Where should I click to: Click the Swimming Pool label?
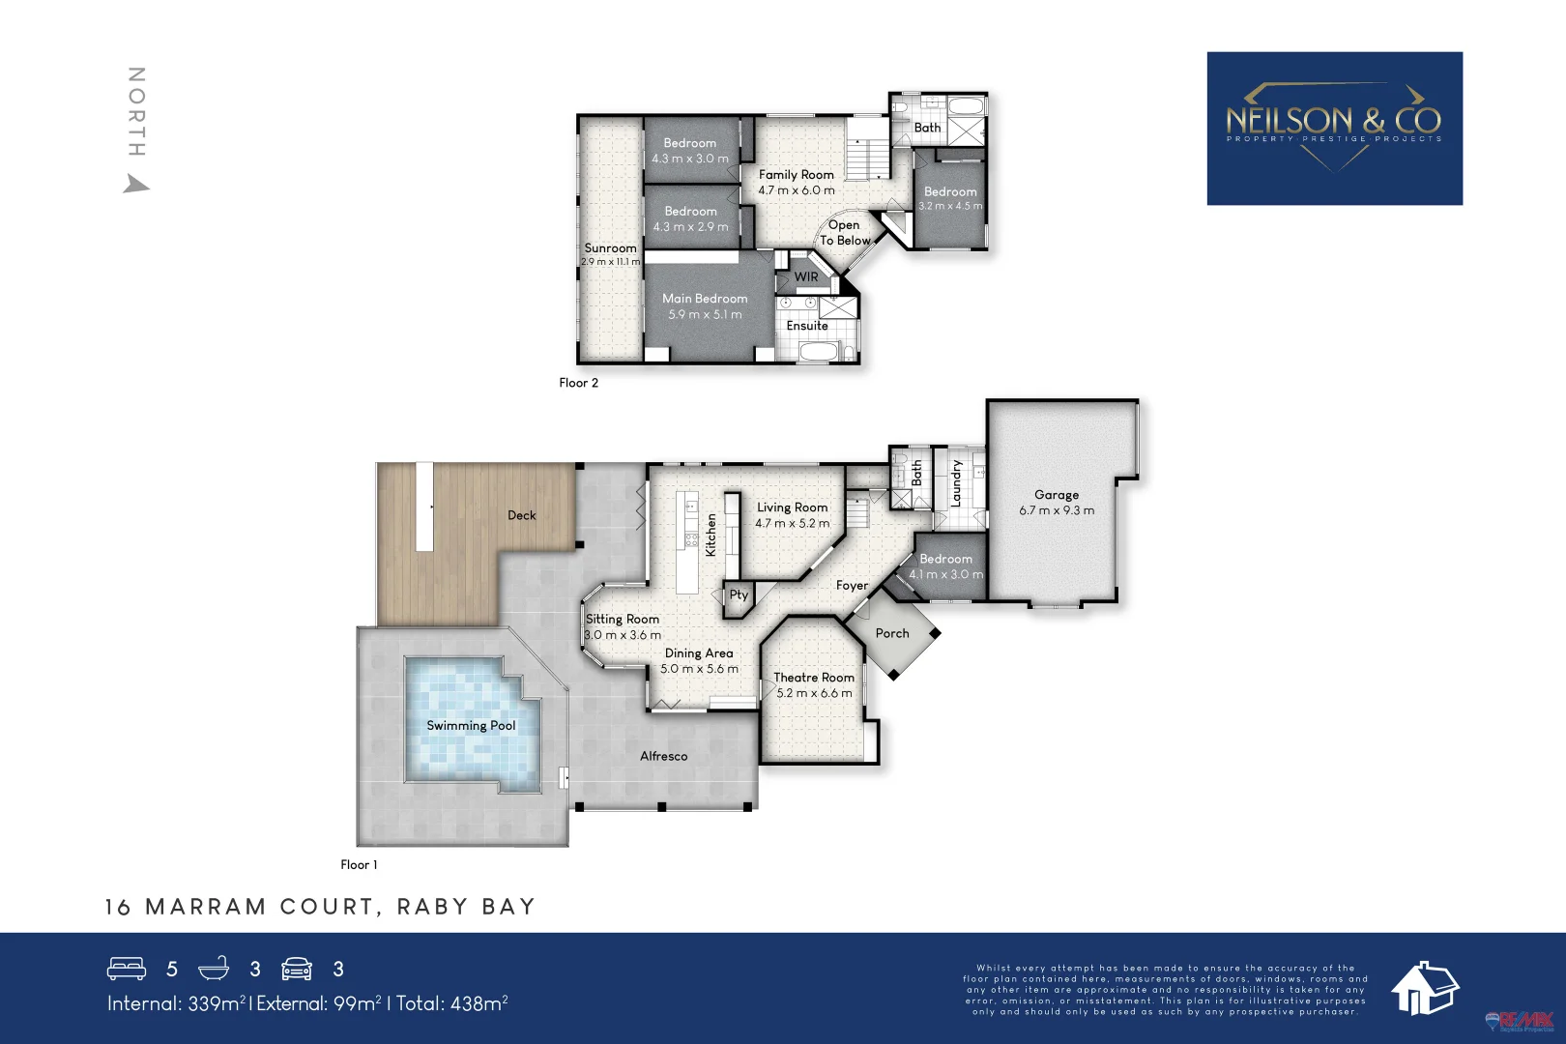tap(471, 726)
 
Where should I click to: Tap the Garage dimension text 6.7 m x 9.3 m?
tap(1057, 510)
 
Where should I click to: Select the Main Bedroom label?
tap(705, 299)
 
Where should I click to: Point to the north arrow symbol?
tap(136, 184)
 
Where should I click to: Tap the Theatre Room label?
tap(814, 678)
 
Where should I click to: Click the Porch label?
tap(892, 633)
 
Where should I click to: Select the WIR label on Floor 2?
tap(806, 277)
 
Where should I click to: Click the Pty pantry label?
tap(739, 594)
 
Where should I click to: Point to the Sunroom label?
tap(610, 248)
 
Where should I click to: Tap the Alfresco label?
tap(663, 756)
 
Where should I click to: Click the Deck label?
tap(521, 515)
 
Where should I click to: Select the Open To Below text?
tap(845, 233)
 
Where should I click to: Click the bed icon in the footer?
tap(127, 969)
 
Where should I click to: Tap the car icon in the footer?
tap(297, 969)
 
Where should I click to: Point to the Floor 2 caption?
tap(578, 383)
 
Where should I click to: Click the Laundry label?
tap(956, 483)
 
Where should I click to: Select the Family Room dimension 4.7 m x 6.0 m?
tap(796, 190)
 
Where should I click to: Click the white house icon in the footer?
tap(1423, 988)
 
